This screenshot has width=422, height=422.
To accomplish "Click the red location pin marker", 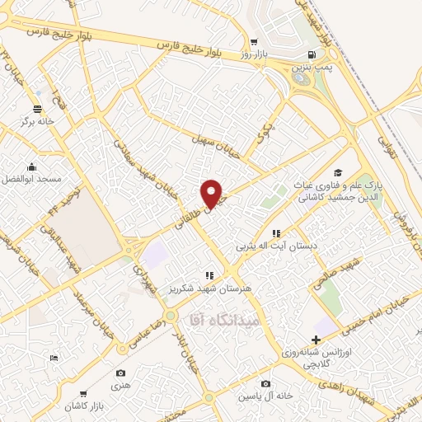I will pos(212,194).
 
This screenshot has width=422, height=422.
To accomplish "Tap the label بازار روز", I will pos(255,54).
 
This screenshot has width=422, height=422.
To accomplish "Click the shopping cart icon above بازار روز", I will pos(255,41).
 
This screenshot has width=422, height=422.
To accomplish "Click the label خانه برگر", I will pos(38,122).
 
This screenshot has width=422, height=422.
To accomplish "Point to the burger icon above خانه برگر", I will pos(38,109).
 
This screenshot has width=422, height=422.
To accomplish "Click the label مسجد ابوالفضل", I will pos(31,178).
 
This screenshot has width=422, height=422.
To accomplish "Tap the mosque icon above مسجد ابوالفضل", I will pos(31,166).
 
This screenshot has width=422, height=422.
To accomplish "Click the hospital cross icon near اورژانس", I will pos(316,340).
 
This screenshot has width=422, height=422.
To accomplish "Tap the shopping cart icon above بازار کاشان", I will pos(83,394).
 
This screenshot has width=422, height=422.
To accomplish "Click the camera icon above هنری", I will pos(121,374).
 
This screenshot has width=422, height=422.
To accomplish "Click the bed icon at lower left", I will pos(54,358).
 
